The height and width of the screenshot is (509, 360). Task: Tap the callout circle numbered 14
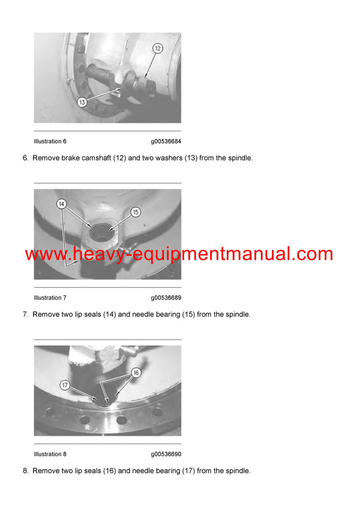coord(62,204)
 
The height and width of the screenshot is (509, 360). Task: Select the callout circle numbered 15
coord(136,212)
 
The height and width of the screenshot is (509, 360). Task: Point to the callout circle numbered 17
coord(65,384)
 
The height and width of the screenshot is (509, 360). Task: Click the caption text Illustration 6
coord(50,141)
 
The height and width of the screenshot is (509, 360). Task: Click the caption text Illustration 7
coord(50,298)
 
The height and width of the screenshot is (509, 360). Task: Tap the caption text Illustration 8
coord(50,454)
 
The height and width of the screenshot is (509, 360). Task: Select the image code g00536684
coord(166,141)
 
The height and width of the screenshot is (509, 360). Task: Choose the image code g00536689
coord(166,298)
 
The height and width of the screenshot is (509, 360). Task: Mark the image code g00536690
coord(166,454)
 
